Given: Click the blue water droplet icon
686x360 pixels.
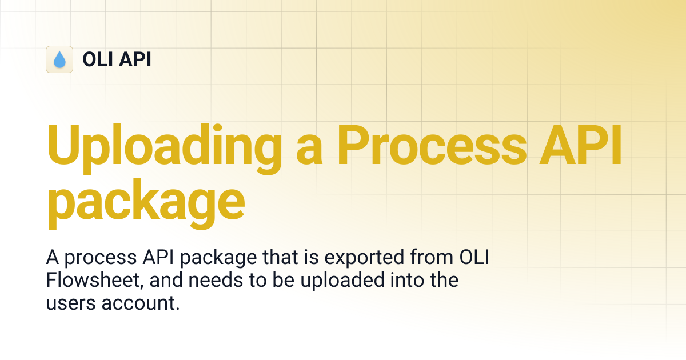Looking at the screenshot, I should click(x=59, y=59).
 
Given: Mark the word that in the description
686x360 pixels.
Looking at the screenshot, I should click(x=282, y=258).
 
